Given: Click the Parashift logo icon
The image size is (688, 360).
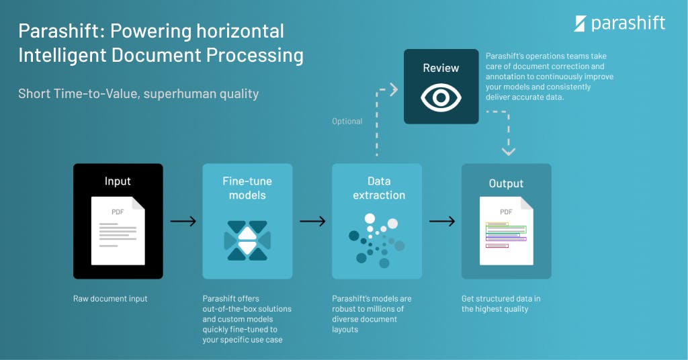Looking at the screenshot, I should point(580,24).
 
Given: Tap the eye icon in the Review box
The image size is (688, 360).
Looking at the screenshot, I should point(441,98).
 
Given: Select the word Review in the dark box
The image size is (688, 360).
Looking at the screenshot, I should point(441,68).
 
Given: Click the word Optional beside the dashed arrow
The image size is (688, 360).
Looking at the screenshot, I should point(347,122).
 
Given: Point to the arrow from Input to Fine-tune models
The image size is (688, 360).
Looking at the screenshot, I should point(183,221).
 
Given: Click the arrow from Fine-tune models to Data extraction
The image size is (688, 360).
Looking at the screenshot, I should point(312,221).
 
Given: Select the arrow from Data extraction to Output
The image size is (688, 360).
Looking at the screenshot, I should point(442,221).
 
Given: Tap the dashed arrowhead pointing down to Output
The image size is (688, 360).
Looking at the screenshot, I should point(509,151).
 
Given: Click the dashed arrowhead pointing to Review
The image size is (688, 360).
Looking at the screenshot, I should point(394,89).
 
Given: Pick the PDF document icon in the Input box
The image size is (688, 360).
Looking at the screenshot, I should point(118,230).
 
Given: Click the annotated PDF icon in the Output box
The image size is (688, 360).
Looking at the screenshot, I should point(506,230).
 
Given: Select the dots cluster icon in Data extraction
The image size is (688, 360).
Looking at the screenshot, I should point(377,238).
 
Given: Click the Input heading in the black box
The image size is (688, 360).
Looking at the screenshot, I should point(118,181).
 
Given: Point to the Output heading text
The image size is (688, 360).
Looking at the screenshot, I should point(506,183).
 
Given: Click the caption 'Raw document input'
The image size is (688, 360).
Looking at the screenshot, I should point(110,299).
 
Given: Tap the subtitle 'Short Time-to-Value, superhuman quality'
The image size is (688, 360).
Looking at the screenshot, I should point(138,93).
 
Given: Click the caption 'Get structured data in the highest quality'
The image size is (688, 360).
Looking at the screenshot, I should point(501,304).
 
